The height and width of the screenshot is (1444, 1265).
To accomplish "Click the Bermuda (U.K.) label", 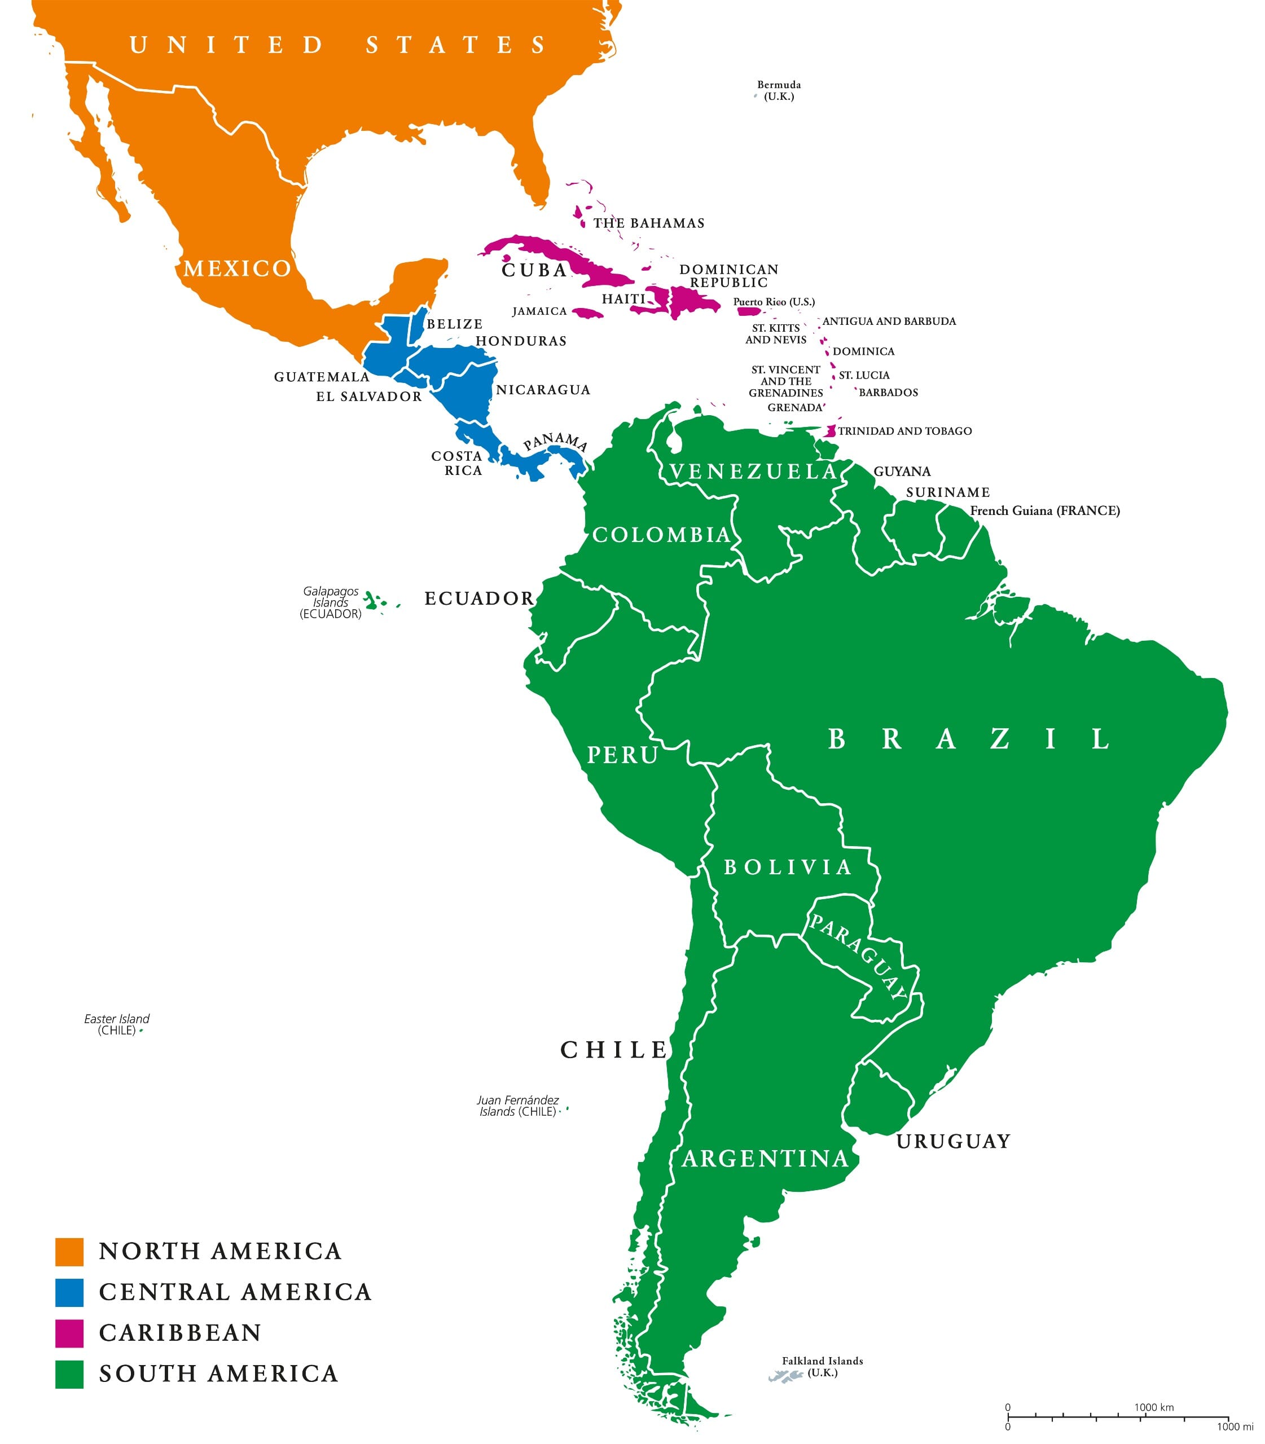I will click(779, 90).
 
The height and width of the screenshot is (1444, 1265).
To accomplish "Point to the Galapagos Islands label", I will click(331, 602).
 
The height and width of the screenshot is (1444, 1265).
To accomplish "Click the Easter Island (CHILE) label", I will click(116, 1024).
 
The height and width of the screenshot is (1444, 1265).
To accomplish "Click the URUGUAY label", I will click(953, 1141).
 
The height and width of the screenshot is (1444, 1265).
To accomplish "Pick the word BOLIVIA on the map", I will click(788, 867).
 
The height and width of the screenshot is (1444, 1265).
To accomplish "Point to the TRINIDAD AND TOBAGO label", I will click(904, 430).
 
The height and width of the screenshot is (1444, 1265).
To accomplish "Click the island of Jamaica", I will click(587, 312).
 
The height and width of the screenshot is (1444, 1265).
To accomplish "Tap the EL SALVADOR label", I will click(368, 396).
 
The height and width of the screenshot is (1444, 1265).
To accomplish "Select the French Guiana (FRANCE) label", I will click(1045, 510).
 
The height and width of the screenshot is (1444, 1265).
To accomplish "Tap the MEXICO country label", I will click(237, 268).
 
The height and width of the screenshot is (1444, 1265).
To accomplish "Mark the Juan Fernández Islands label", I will click(517, 1105).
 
